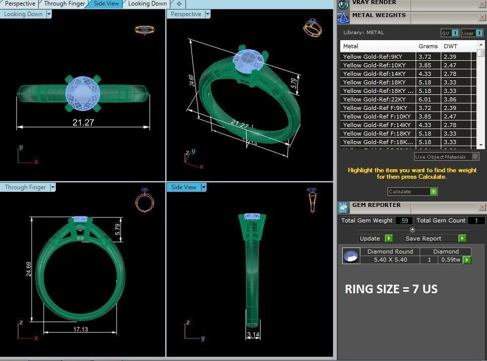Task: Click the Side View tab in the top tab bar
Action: pyautogui.click(x=106, y=4)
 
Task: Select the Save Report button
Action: pyautogui.click(x=435, y=238)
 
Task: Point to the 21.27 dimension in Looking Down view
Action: pyautogui.click(x=83, y=122)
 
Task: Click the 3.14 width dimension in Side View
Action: pyautogui.click(x=253, y=335)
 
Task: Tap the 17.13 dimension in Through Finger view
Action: pyautogui.click(x=80, y=329)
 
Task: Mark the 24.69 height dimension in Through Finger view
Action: pyautogui.click(x=29, y=269)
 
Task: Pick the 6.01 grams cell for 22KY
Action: pyautogui.click(x=425, y=99)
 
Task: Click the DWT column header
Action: pyautogui.click(x=450, y=46)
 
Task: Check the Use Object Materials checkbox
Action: pyautogui.click(x=475, y=157)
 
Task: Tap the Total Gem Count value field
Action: pyautogui.click(x=476, y=220)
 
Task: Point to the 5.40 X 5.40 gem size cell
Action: pyautogui.click(x=390, y=260)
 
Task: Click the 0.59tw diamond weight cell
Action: pyautogui.click(x=450, y=260)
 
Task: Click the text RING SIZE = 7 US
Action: pyautogui.click(x=391, y=289)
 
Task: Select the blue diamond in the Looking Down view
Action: pyautogui.click(x=83, y=92)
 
